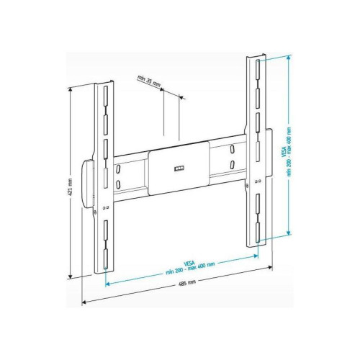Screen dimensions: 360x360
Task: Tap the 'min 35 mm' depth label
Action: tap(148, 83)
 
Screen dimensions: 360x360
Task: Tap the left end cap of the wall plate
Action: tap(89, 184)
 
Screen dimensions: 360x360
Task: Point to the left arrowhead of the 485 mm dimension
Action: tap(84, 301)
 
